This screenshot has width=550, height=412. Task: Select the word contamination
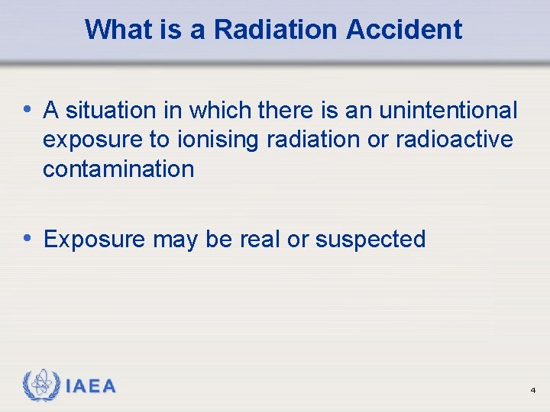point(118,169)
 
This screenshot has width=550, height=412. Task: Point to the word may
point(176,240)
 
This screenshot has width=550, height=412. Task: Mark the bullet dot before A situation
point(28,109)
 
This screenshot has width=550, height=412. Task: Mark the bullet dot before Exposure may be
point(28,238)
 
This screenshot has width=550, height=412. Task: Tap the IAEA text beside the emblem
point(91,387)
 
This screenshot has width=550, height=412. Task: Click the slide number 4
point(532,391)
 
